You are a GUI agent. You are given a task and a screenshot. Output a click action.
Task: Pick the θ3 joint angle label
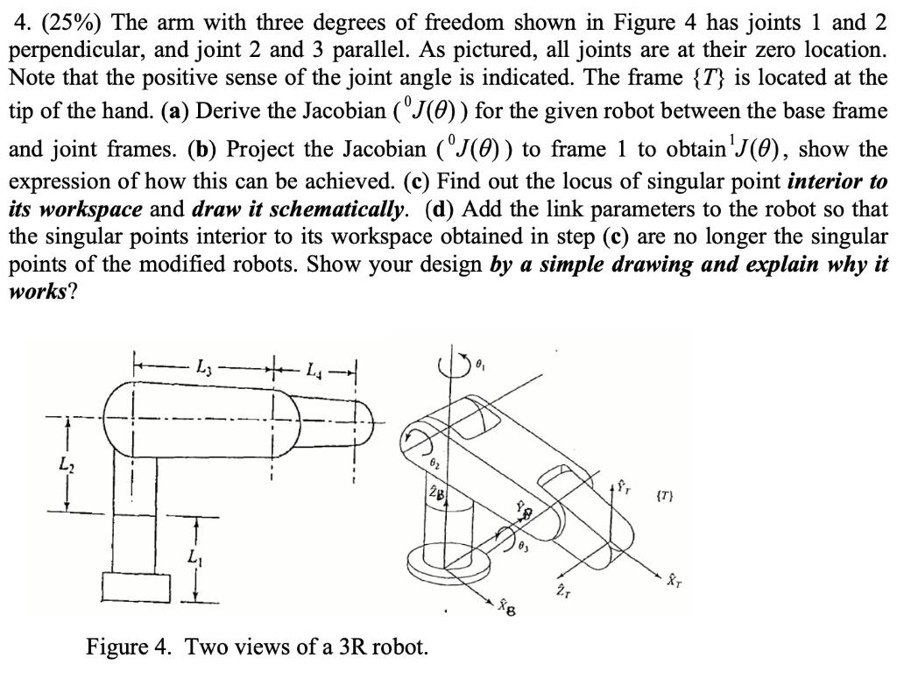(x=523, y=548)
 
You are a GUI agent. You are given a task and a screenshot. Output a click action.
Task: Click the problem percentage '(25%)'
(x=62, y=20)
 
